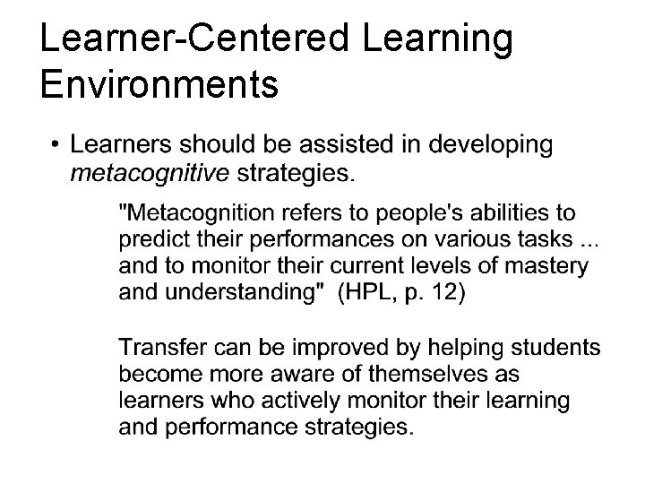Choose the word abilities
coord(500,214)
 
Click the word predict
coord(148,240)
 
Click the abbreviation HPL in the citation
coord(366,292)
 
